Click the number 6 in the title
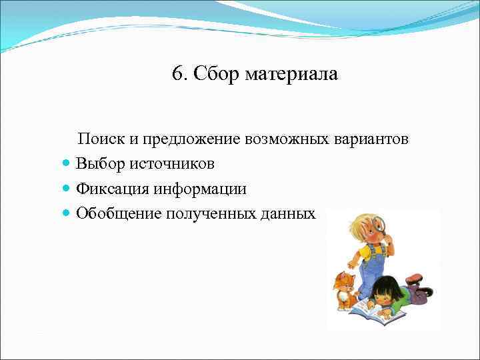tap(177, 74)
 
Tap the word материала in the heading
tap(291, 74)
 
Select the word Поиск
tap(100, 139)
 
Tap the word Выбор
tap(99, 164)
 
